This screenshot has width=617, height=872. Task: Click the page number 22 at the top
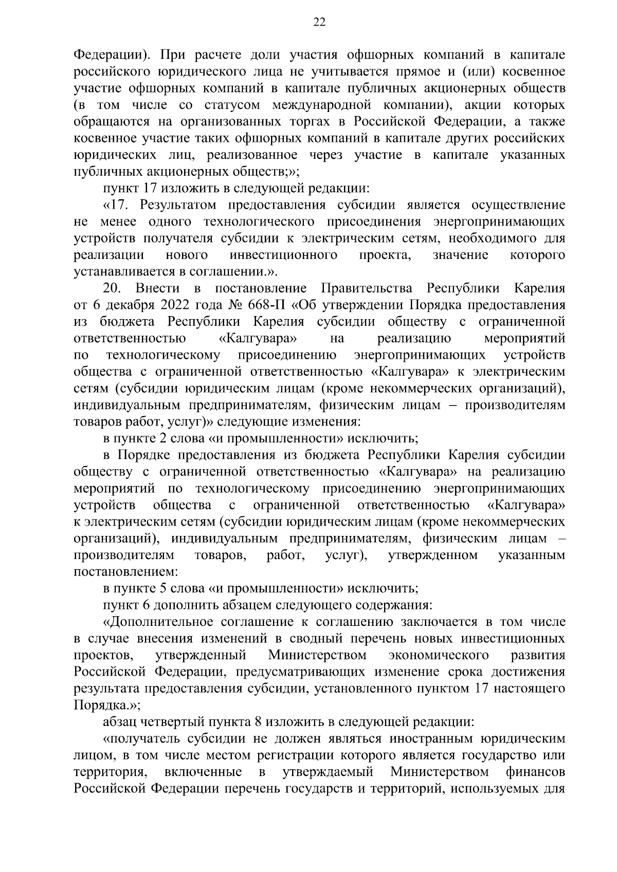[319, 22]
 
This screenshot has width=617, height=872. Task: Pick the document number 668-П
[267, 305]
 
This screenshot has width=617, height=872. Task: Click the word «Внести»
[157, 288]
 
